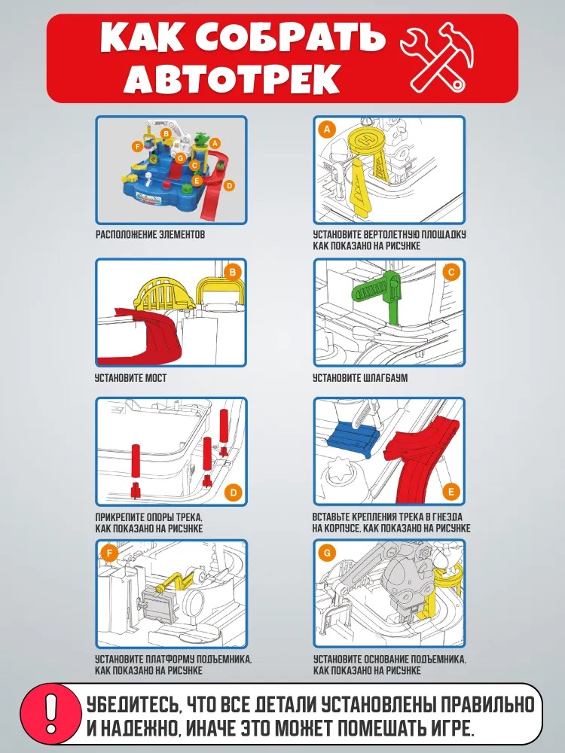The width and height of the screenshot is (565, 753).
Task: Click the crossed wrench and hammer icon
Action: (437, 57)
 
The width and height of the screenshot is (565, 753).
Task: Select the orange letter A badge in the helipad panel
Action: (328, 130)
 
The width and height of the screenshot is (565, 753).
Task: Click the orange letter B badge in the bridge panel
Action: (233, 273)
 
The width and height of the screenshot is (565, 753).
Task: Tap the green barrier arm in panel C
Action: (379, 296)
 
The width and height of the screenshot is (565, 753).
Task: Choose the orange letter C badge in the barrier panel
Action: (451, 273)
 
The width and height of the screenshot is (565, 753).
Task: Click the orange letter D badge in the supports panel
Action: (234, 492)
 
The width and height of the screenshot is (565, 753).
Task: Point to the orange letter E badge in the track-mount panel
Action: (451, 491)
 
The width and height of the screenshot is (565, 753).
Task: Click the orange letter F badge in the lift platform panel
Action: (109, 553)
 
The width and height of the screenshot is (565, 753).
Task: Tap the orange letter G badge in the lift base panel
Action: (327, 553)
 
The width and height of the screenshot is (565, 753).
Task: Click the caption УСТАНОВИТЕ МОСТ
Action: (130, 378)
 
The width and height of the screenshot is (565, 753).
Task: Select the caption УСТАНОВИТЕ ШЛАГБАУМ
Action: (360, 378)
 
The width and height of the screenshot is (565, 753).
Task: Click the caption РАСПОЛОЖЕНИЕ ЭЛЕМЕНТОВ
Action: (150, 234)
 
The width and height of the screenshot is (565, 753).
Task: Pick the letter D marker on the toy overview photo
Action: (229, 185)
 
